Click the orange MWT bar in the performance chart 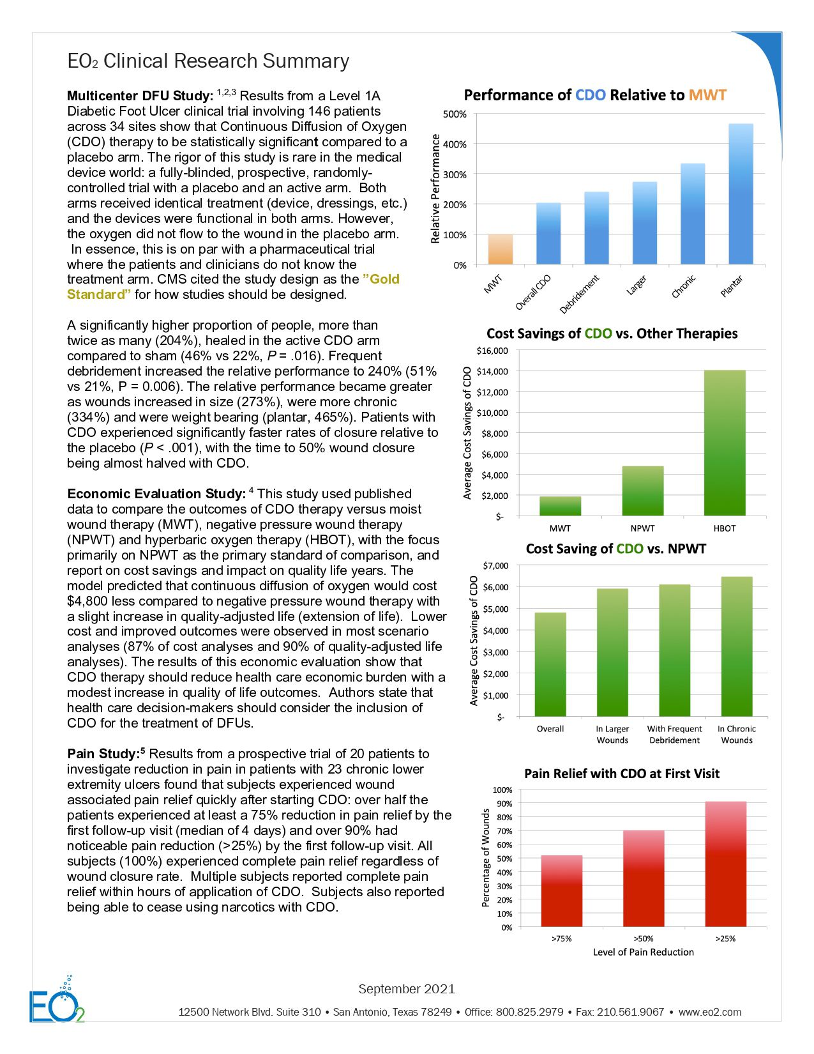500,250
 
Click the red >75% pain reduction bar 561,891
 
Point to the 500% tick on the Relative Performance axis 455,114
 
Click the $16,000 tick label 492,351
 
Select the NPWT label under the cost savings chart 642,528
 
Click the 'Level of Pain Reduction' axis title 643,952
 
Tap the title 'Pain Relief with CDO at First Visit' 621,774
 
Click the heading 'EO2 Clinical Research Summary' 208,61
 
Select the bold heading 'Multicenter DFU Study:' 140,96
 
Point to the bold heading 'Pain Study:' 106,754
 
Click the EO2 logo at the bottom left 56,1002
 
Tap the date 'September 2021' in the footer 407,989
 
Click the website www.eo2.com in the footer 709,1012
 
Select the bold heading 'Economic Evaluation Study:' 156,494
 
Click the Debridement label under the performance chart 579,294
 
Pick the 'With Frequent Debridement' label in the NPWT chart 674,735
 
